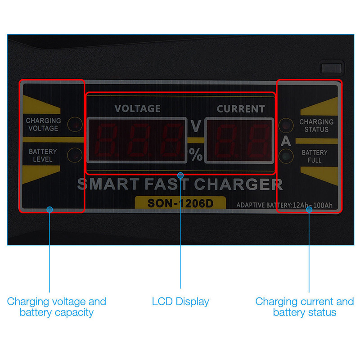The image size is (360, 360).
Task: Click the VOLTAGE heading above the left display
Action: [x=137, y=108]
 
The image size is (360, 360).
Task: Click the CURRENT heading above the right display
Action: [x=241, y=109]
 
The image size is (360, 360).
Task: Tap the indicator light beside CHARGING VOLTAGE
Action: [x=75, y=124]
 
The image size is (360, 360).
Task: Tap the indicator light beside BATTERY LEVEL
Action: [x=75, y=155]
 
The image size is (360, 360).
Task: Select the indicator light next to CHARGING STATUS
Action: [x=286, y=126]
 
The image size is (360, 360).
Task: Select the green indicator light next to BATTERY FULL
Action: [x=286, y=156]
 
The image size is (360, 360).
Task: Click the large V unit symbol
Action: [x=196, y=126]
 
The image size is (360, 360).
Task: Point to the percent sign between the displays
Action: [x=196, y=154]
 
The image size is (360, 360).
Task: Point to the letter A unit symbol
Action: [x=286, y=141]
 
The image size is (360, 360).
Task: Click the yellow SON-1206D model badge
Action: [x=180, y=203]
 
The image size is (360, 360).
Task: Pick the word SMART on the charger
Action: [x=108, y=184]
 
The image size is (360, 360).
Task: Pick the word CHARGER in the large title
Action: [x=238, y=184]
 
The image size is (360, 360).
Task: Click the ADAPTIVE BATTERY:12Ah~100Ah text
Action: [x=284, y=205]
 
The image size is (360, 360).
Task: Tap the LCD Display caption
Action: [x=180, y=301]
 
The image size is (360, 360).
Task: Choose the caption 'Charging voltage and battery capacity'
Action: [x=57, y=307]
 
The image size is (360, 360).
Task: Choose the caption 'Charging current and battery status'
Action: [x=305, y=307]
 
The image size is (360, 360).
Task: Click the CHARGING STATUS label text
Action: [x=316, y=126]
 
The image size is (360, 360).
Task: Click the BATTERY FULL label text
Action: [x=315, y=156]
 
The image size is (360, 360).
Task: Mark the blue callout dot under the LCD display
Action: [x=180, y=175]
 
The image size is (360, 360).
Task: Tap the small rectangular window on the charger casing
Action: [x=332, y=68]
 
